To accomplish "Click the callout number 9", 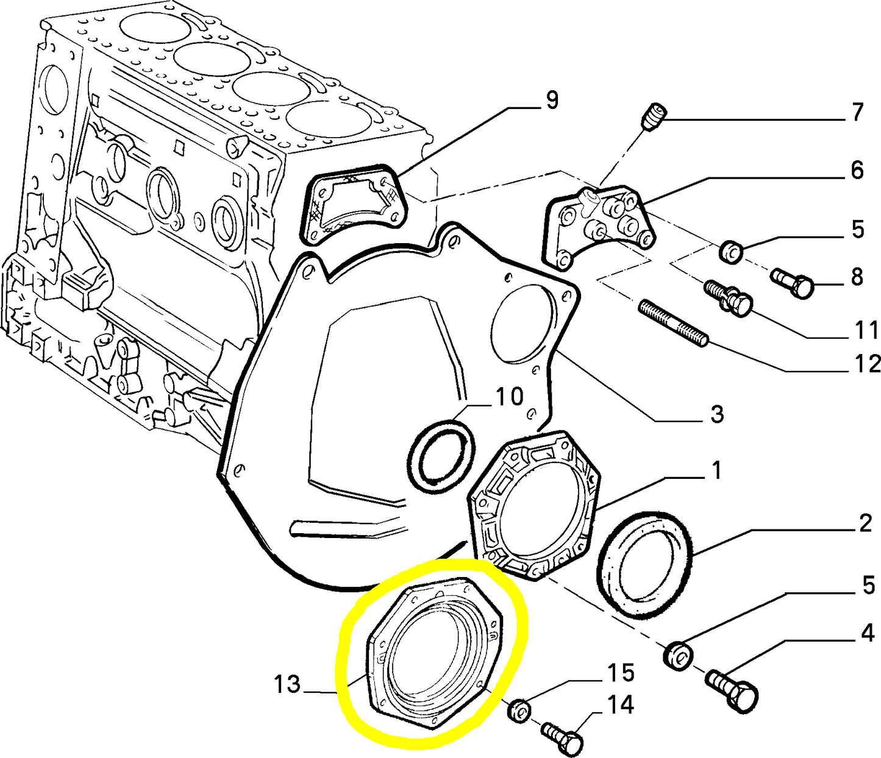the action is [552, 102].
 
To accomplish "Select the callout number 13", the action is [287, 685].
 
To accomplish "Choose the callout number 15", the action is [621, 673].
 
